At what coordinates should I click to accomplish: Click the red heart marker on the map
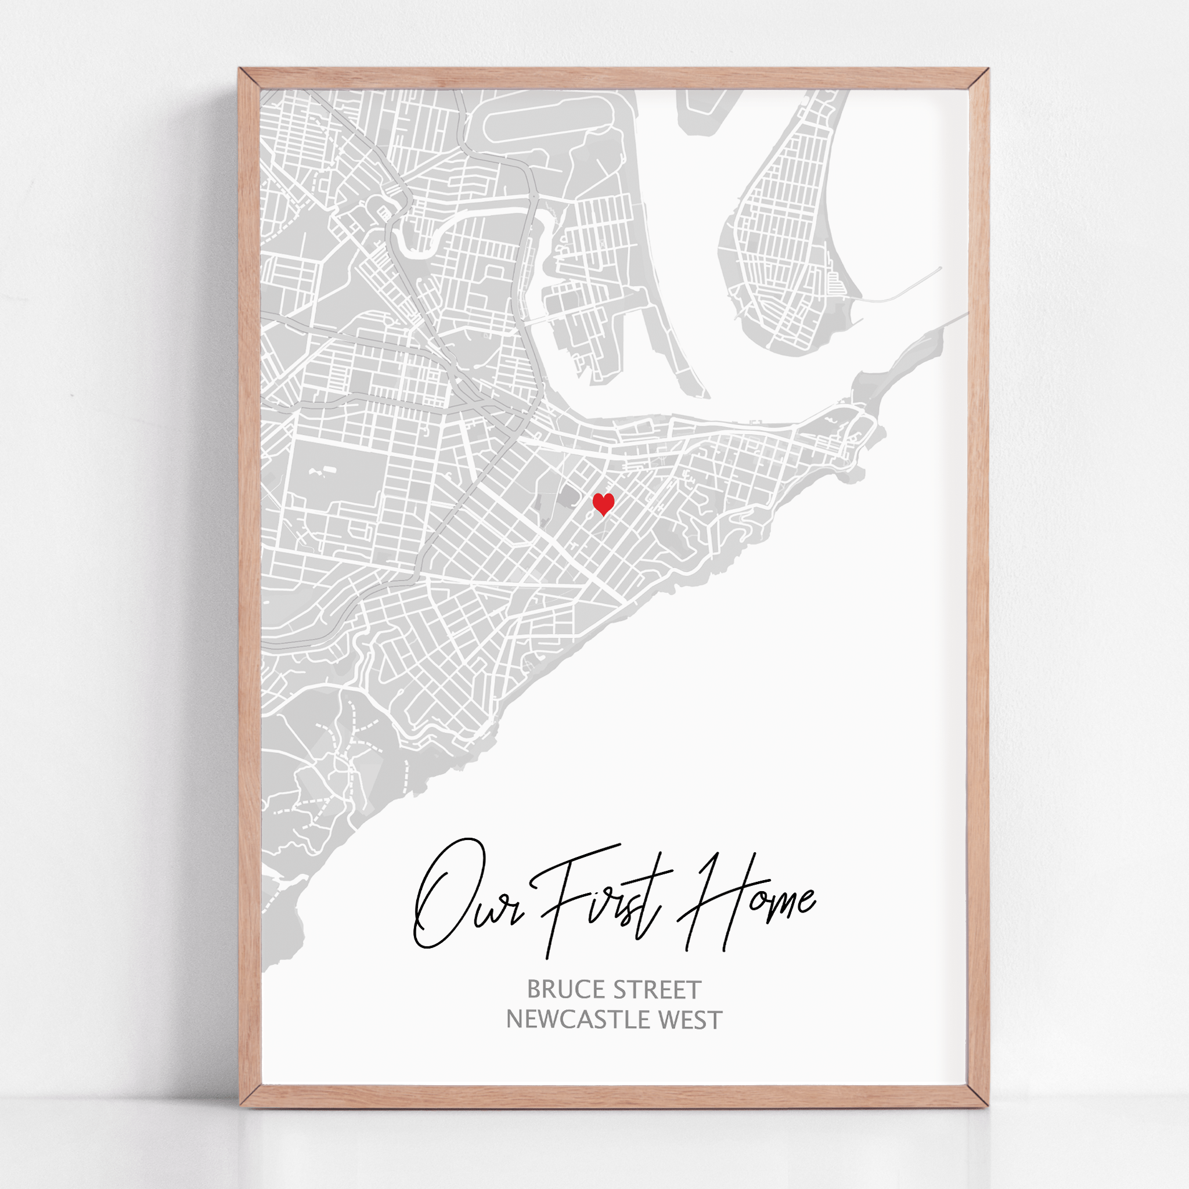click(603, 503)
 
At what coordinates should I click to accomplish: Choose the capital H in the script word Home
click(708, 905)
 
